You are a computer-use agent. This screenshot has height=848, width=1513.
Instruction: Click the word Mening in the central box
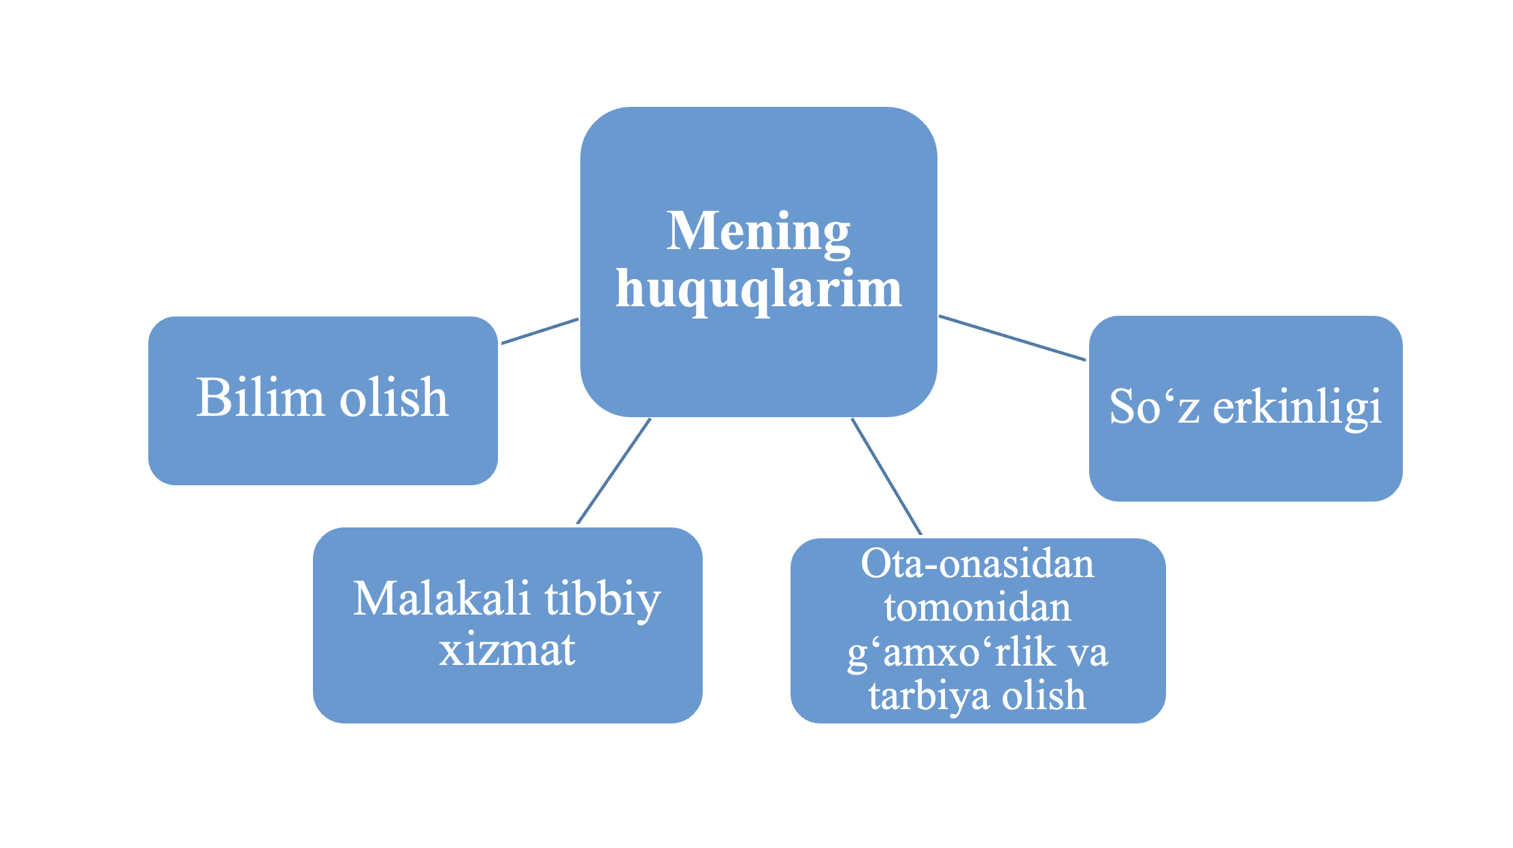click(759, 233)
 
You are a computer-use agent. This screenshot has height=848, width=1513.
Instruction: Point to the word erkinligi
click(1297, 408)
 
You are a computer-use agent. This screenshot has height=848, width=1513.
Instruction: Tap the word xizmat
click(508, 649)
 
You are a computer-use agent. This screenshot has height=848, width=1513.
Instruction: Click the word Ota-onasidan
click(978, 564)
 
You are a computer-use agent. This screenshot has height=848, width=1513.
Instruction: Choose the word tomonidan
click(978, 607)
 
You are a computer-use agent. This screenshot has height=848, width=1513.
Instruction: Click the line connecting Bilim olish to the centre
click(540, 331)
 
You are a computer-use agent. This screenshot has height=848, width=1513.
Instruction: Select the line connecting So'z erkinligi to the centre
click(1012, 338)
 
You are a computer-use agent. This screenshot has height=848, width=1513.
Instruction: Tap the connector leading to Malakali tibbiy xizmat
click(614, 471)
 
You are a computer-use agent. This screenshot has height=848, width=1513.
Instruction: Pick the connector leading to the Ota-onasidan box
click(886, 476)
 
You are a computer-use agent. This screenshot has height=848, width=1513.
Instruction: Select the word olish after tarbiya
click(1044, 695)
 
